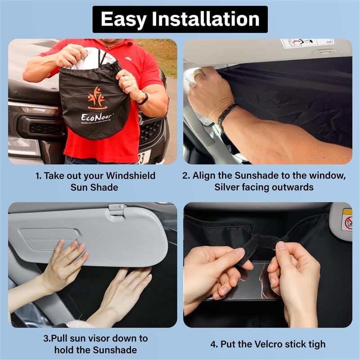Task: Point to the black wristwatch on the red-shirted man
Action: pos(143,98)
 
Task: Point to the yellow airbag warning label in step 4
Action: pos(346,220)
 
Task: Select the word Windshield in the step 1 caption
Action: pos(130,176)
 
